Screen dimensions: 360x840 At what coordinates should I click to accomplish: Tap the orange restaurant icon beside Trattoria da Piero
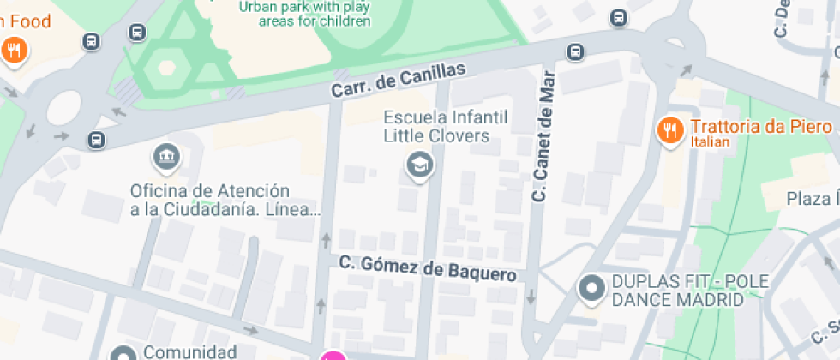coord(669,129)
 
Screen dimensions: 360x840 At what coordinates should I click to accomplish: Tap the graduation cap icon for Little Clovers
coord(419,165)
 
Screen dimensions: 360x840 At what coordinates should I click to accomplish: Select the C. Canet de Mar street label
coord(543,135)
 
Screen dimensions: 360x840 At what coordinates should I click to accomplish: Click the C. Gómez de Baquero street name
coord(428,268)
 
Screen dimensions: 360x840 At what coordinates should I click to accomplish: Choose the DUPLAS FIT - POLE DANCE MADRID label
coord(677,291)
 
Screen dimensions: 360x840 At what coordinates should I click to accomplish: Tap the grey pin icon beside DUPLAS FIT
coord(591,290)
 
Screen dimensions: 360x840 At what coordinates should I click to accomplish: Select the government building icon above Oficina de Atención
coord(165,157)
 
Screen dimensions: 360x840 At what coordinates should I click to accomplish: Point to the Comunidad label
coord(189,351)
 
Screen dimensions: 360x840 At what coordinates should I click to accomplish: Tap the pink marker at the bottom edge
coord(333,356)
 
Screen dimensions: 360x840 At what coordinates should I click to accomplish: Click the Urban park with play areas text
coord(305,14)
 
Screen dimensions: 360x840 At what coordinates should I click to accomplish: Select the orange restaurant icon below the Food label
coord(13,51)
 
